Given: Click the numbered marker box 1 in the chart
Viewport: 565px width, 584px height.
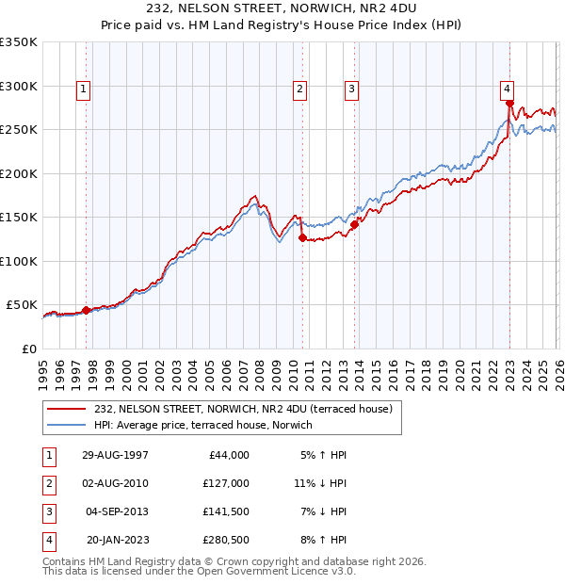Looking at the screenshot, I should point(84,89).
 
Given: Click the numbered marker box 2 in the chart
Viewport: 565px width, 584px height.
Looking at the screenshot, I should point(299,89).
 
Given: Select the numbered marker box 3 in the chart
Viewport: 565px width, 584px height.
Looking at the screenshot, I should point(351,89).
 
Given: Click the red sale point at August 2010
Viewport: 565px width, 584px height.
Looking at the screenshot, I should point(302,238).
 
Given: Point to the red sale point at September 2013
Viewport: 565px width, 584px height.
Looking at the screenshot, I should point(355,225).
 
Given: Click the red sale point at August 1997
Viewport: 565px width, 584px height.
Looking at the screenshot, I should point(86,310).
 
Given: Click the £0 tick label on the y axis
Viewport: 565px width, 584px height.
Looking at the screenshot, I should point(29,349).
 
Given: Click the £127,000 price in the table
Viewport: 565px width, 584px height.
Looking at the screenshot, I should point(226,483).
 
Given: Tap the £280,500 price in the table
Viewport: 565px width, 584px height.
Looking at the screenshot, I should point(226,540).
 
